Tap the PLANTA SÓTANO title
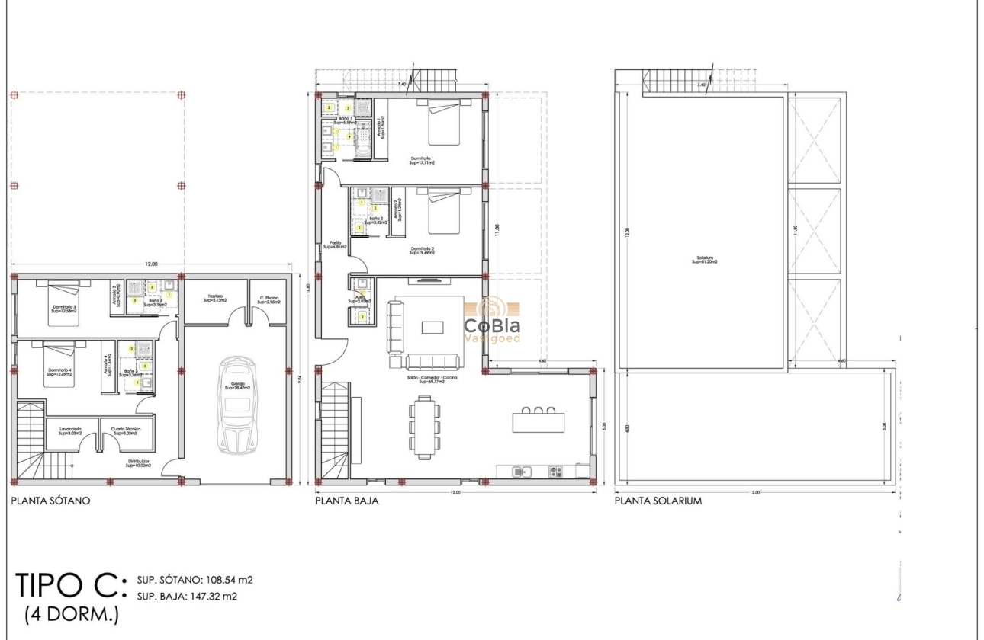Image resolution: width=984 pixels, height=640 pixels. coord(50,501)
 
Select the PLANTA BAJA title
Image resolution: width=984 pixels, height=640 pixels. coord(347,501)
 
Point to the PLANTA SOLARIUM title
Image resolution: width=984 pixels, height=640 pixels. coord(658,501)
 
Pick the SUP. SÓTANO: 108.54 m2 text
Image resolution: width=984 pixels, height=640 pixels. coord(195,580)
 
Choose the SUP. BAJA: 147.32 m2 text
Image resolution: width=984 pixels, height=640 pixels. coord(187,597)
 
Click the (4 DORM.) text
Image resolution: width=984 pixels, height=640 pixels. coord(72,614)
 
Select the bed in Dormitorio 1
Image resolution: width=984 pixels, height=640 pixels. coord(444,122)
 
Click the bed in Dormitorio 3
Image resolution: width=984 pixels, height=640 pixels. coord(63,302)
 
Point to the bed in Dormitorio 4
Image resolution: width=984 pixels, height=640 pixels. coord(61,365)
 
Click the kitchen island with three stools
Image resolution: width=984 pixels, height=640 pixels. coord(539,419)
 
